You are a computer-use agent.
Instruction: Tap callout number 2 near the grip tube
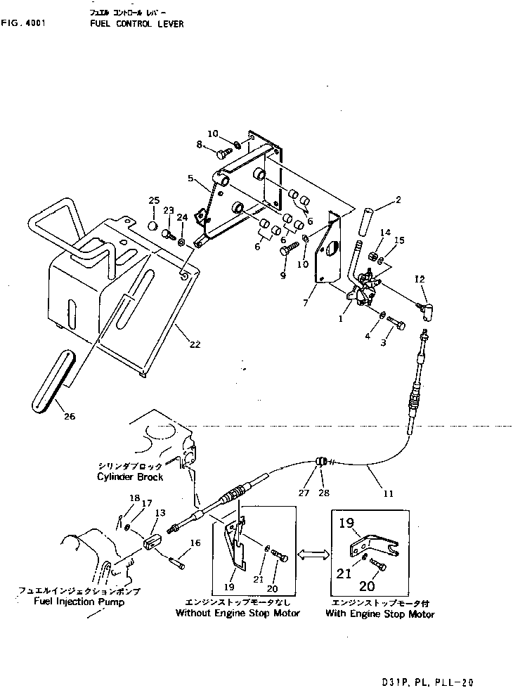[398, 200]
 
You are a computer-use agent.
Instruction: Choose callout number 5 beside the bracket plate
[190, 179]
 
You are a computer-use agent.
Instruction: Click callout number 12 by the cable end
[421, 280]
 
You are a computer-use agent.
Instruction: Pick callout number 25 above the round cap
[154, 202]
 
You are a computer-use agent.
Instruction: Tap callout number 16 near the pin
[195, 543]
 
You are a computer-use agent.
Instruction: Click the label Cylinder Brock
[131, 476]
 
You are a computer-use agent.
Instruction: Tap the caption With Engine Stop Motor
[379, 614]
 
